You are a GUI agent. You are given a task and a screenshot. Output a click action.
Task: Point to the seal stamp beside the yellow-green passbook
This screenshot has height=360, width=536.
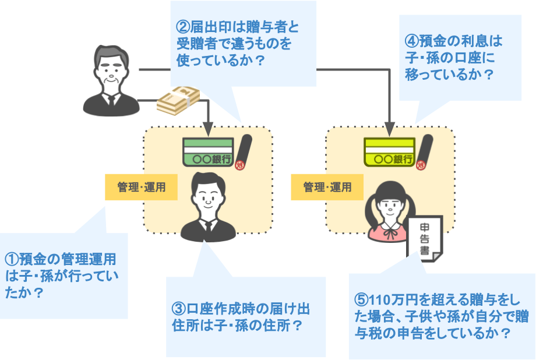[424, 153]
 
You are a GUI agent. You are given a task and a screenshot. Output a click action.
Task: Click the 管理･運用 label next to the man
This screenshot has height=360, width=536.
[141, 187]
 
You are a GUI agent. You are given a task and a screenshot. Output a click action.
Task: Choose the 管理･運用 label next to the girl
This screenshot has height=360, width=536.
[327, 187]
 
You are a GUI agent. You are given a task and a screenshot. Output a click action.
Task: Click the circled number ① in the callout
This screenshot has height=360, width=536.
[12, 258]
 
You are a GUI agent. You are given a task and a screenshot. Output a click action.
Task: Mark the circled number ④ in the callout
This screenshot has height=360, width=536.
[411, 43]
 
